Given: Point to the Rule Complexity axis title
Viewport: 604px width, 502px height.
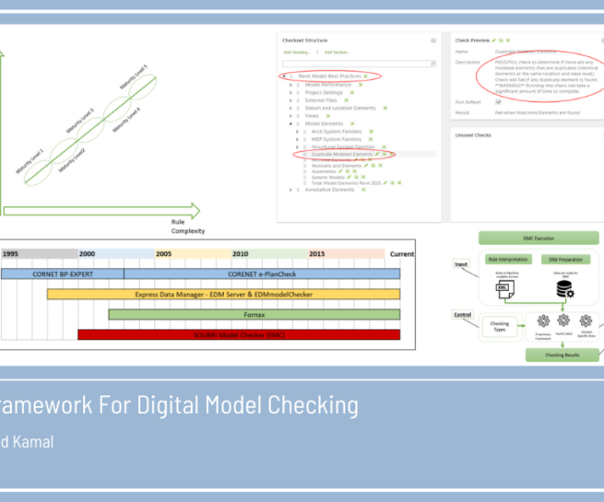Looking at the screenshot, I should (x=188, y=227).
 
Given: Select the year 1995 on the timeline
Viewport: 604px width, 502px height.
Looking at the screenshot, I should (x=11, y=253).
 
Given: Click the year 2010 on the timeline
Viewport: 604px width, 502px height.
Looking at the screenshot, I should (x=241, y=253).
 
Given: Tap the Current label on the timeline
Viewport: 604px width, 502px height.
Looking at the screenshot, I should (x=401, y=253).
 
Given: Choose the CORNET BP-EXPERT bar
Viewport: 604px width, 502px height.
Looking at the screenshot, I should (x=63, y=274).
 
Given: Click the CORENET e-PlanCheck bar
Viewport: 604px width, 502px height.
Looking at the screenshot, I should (x=262, y=274).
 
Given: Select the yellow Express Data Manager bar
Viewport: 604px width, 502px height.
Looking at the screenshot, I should (x=224, y=294).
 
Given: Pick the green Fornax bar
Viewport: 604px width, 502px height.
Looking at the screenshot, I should (x=255, y=314).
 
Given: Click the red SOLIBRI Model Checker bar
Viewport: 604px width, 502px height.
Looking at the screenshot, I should (x=239, y=333).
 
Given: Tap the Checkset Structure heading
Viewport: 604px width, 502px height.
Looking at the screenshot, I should (x=304, y=41).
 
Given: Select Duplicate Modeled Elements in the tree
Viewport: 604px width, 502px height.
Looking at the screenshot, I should (x=341, y=154).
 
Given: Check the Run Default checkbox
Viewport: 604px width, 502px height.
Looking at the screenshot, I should (x=498, y=101).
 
